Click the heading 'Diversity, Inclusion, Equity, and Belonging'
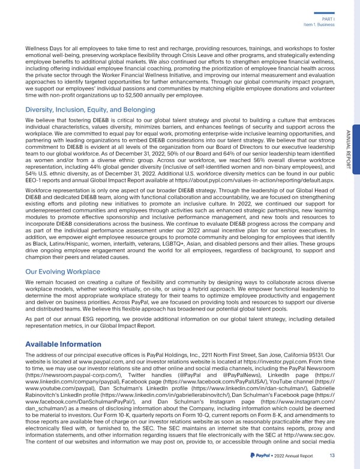tap(90, 109)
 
